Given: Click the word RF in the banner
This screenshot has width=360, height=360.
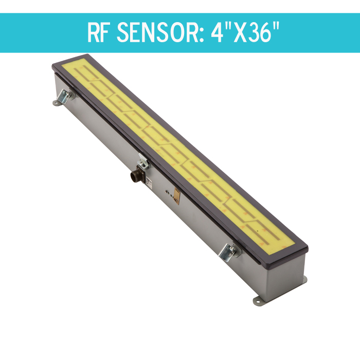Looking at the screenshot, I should pyautogui.click(x=100, y=33).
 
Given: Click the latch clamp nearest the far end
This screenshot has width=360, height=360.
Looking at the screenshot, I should pyautogui.click(x=66, y=96).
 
